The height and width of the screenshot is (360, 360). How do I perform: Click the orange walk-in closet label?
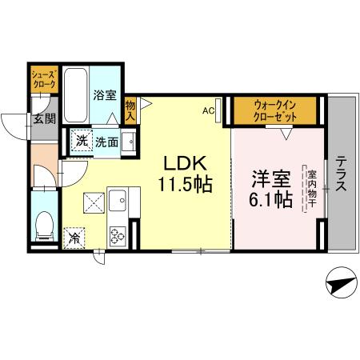275,110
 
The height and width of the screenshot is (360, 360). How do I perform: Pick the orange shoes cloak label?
42,79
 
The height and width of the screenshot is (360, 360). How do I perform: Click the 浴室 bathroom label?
105,95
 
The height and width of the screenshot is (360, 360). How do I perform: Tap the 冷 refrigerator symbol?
74,238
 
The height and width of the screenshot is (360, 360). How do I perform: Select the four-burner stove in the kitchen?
118,234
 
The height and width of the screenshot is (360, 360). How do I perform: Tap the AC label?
208,110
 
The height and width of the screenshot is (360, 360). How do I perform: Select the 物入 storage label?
131,110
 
